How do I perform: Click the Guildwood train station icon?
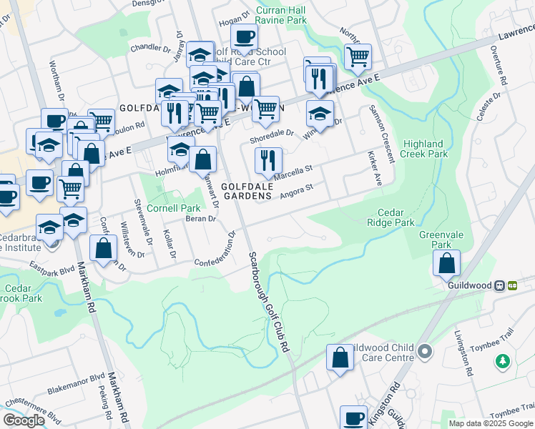pyautogui.click(x=512, y=285)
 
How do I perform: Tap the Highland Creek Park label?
pyautogui.click(x=425, y=149)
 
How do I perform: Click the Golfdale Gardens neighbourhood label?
pyautogui.click(x=247, y=190)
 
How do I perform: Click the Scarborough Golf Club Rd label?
pyautogui.click(x=268, y=300)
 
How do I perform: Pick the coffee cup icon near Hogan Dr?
pyautogui.click(x=244, y=37)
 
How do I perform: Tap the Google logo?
pyautogui.click(x=24, y=420)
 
